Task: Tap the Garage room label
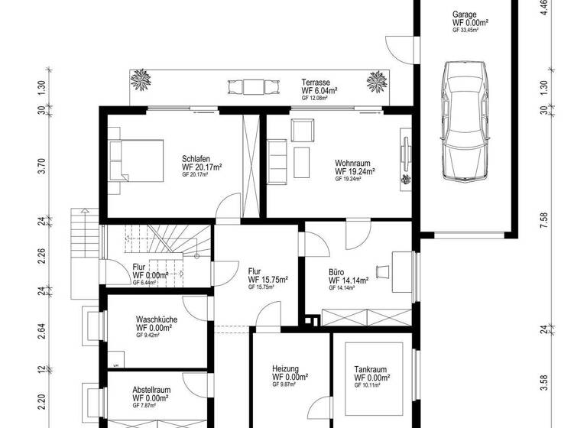[464, 14]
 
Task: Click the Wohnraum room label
[352, 163]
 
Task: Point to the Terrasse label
[316, 82]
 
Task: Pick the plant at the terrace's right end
[376, 80]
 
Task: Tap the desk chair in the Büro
[383, 270]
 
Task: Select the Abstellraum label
[151, 389]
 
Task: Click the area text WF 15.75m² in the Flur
[268, 280]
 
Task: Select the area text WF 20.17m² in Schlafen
[202, 167]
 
